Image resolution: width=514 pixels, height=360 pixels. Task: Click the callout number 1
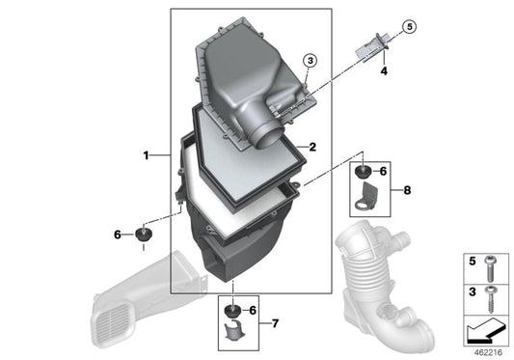point(146,154)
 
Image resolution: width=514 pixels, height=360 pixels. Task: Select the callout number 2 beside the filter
point(312,147)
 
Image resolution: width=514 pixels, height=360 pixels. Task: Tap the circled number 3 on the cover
point(309,61)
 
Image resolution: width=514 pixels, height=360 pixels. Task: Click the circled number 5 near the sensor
point(409,26)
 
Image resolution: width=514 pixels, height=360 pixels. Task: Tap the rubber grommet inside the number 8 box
point(363,172)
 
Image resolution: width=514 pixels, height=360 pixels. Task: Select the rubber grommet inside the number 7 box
point(232,311)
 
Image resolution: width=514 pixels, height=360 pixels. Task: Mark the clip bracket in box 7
point(232,334)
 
